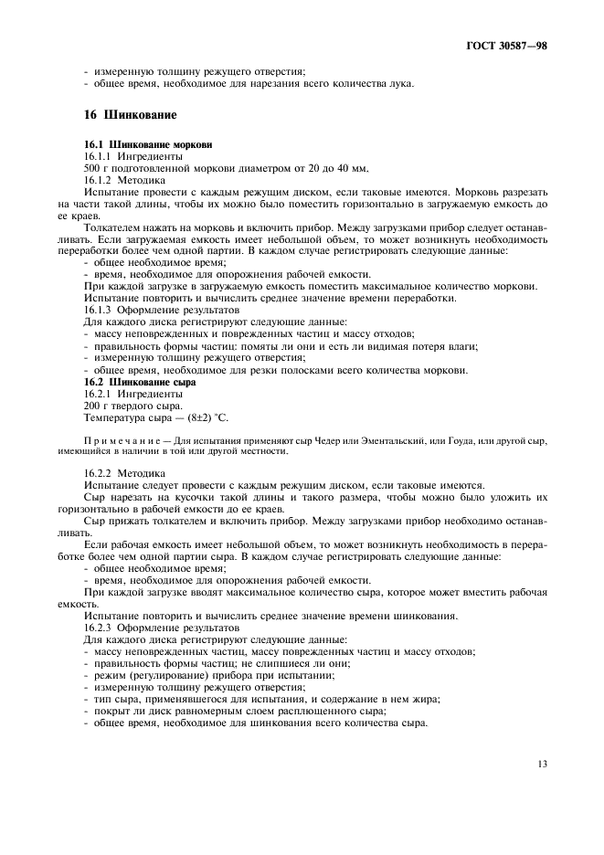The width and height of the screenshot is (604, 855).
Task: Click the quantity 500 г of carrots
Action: click(96, 168)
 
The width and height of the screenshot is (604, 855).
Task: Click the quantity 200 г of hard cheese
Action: click(96, 406)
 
